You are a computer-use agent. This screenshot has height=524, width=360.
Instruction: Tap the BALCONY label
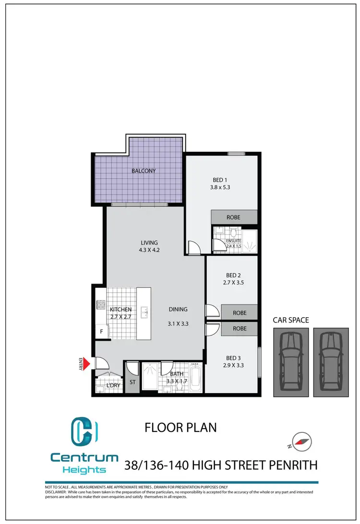144,171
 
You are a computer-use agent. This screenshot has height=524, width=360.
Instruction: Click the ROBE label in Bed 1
233,217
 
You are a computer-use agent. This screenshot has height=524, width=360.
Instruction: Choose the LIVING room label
149,243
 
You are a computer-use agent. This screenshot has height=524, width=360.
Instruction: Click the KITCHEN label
120,310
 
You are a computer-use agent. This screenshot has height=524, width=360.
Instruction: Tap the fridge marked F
101,332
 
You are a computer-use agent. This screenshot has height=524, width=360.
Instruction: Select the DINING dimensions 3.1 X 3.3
178,323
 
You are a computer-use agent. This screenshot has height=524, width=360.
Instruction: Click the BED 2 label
233,275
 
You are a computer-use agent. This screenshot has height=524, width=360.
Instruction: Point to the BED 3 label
233,357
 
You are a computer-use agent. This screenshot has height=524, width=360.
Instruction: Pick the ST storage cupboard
132,382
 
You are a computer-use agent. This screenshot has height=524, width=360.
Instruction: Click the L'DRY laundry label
114,385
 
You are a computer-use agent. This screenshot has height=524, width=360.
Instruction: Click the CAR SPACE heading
291,320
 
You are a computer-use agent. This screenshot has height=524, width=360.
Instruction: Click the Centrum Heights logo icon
84,431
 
